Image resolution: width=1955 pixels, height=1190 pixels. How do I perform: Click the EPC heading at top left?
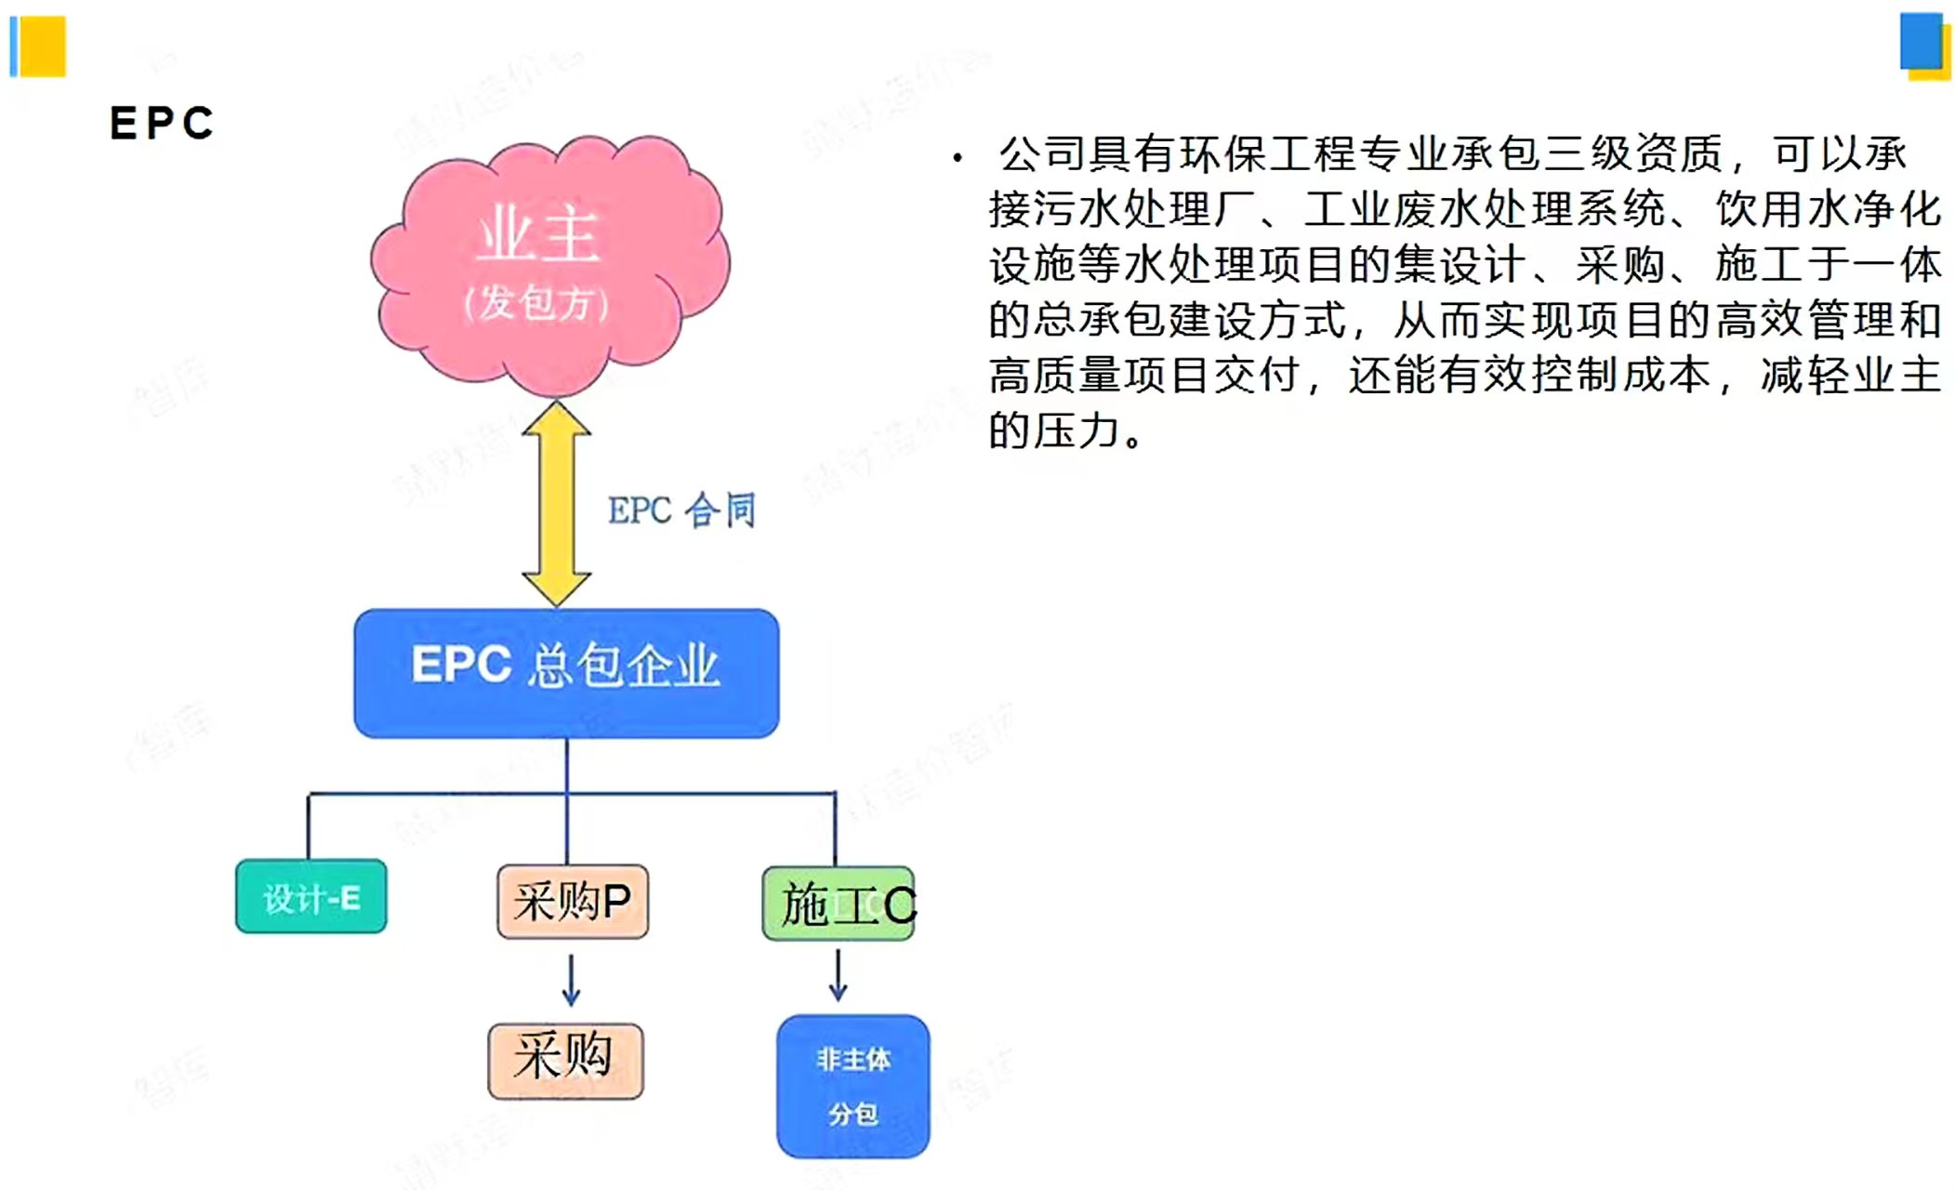(x=162, y=123)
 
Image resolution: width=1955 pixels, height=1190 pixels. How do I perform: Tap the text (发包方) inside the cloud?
(x=536, y=302)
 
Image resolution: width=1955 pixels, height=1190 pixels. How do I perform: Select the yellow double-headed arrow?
(x=556, y=503)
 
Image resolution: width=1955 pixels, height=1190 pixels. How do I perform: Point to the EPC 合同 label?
(x=681, y=509)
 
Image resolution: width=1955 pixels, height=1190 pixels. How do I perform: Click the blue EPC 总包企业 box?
(x=566, y=673)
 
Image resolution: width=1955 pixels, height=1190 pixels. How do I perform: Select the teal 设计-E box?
(x=310, y=896)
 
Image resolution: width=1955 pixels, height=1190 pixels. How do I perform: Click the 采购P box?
(x=573, y=901)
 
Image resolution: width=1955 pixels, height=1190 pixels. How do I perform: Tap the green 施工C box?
(x=839, y=904)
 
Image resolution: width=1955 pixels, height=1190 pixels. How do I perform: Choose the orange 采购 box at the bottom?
(x=565, y=1061)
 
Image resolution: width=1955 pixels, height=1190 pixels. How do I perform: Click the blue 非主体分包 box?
(x=853, y=1086)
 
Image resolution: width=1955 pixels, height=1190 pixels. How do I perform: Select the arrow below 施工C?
(x=838, y=974)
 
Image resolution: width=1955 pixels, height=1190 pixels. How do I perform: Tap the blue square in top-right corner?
(x=1922, y=41)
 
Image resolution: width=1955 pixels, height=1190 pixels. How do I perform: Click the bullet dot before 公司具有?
(x=958, y=158)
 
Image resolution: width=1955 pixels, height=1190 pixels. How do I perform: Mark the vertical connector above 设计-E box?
(x=309, y=826)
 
